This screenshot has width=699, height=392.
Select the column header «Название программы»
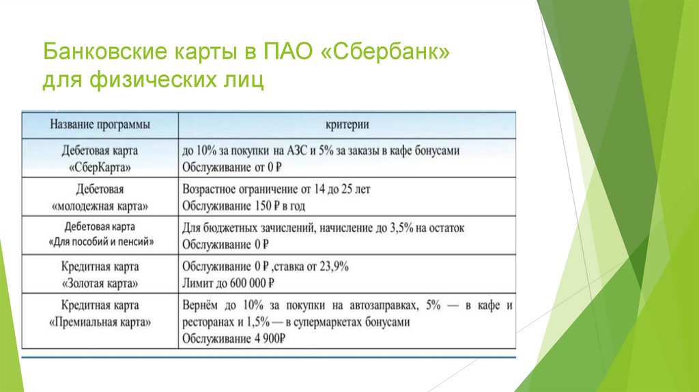(100, 125)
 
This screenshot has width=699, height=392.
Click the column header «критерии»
(347, 125)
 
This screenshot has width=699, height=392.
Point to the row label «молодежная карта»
(100, 205)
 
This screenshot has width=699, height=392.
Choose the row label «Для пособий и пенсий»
(100, 242)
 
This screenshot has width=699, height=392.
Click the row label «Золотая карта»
(100, 282)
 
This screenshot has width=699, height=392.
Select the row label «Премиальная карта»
(100, 321)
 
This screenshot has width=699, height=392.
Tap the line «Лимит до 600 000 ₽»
(229, 282)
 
